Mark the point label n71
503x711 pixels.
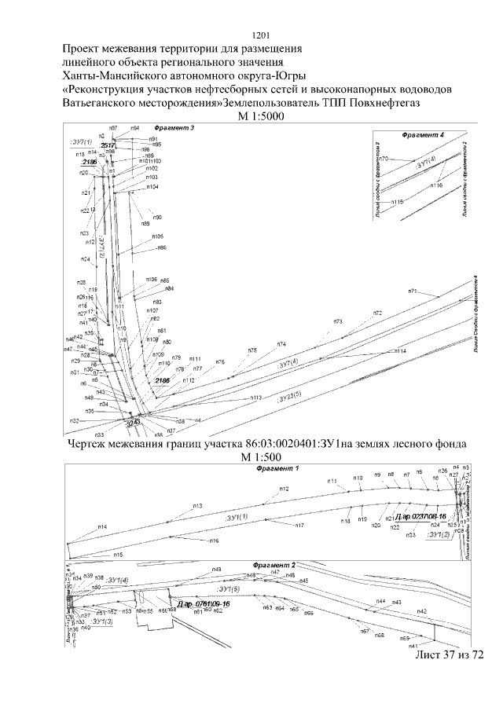[x=412, y=291]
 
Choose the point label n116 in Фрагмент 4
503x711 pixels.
[x=435, y=185]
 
